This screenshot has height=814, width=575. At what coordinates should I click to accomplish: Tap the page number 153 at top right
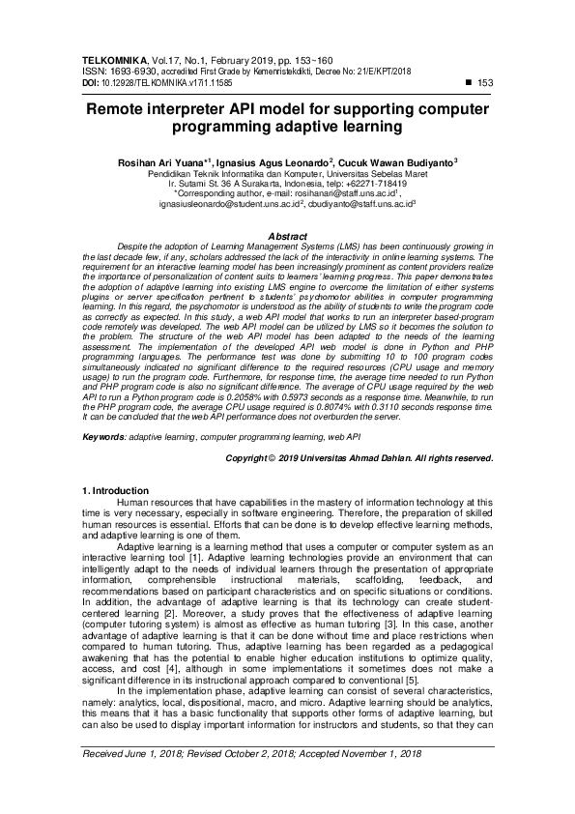(x=486, y=84)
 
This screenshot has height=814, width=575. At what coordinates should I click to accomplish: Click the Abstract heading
(x=287, y=235)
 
